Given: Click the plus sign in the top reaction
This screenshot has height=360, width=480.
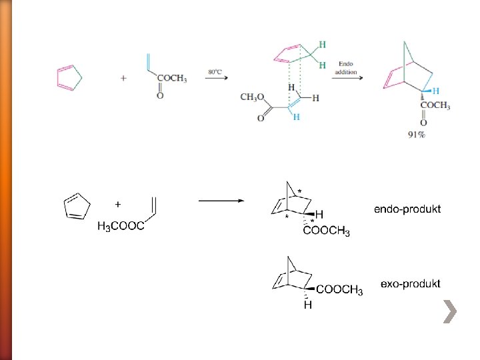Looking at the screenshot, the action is tap(123, 78).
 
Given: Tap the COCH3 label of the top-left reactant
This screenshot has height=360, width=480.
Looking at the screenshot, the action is tap(172, 79).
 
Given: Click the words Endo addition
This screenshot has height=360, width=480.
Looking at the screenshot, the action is tap(347, 68).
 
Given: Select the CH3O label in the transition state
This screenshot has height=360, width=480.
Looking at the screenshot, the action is tap(251, 97).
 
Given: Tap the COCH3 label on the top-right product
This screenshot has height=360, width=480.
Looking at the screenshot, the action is tap(435, 106).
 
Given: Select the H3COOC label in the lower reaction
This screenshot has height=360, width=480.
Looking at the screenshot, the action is tap(121, 227).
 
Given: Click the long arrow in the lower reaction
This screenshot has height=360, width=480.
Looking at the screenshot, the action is tap(222, 199).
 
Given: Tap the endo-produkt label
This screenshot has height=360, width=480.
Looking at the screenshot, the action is tap(407, 209).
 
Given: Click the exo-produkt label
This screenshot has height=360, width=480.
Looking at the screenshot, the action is tap(410, 283).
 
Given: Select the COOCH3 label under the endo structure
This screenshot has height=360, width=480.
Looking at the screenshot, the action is tap(327, 231).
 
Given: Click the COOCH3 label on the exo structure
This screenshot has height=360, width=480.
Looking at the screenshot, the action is tap(339, 289).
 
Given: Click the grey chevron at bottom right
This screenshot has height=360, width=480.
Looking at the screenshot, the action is tap(450, 311).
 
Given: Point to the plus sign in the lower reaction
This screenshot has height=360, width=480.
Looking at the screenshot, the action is tap(118, 203).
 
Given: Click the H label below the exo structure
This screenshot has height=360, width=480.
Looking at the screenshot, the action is tap(308, 305).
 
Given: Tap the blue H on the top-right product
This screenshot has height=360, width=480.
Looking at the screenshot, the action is tap(436, 91).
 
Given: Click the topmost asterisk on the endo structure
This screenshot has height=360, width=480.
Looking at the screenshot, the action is tap(299, 191).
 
